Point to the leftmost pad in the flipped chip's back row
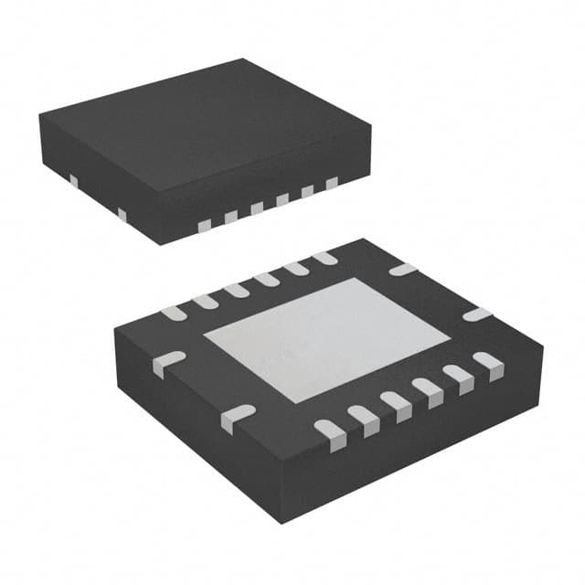pos(173,313)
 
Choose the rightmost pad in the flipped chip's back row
pos(323,259)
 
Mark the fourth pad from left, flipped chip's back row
pos(266,280)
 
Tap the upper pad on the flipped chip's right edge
pos(402,270)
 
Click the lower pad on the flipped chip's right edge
pos(476,314)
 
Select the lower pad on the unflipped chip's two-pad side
pos(122,215)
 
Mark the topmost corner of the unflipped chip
pos(243,59)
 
